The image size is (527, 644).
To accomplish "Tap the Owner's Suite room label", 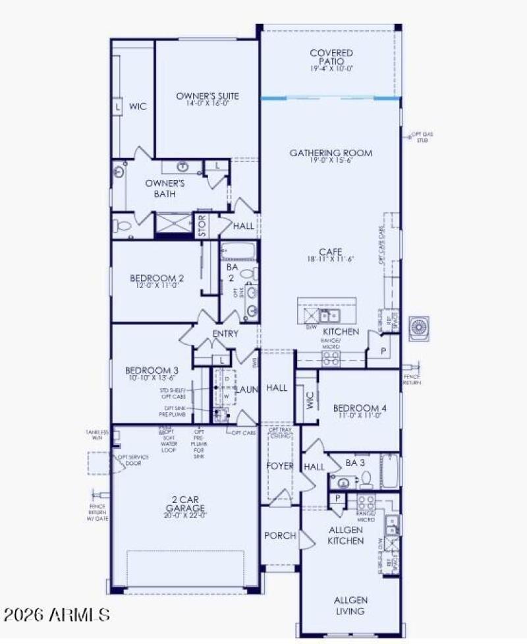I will click(207, 96).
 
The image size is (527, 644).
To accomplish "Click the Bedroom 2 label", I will click(156, 278).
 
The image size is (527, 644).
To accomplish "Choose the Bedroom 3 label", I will click(152, 371).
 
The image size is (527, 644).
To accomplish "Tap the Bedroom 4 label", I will click(359, 408).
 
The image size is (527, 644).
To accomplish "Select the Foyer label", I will click(279, 466).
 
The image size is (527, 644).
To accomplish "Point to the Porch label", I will click(280, 536).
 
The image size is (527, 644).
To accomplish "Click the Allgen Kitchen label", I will click(346, 535).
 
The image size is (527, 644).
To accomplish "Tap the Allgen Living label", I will click(350, 605).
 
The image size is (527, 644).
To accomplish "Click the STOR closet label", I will click(202, 225).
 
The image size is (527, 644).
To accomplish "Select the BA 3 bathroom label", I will click(355, 463).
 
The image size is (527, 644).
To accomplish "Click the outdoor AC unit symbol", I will click(420, 328).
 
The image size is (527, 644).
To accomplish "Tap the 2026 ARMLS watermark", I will click(55, 615).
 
